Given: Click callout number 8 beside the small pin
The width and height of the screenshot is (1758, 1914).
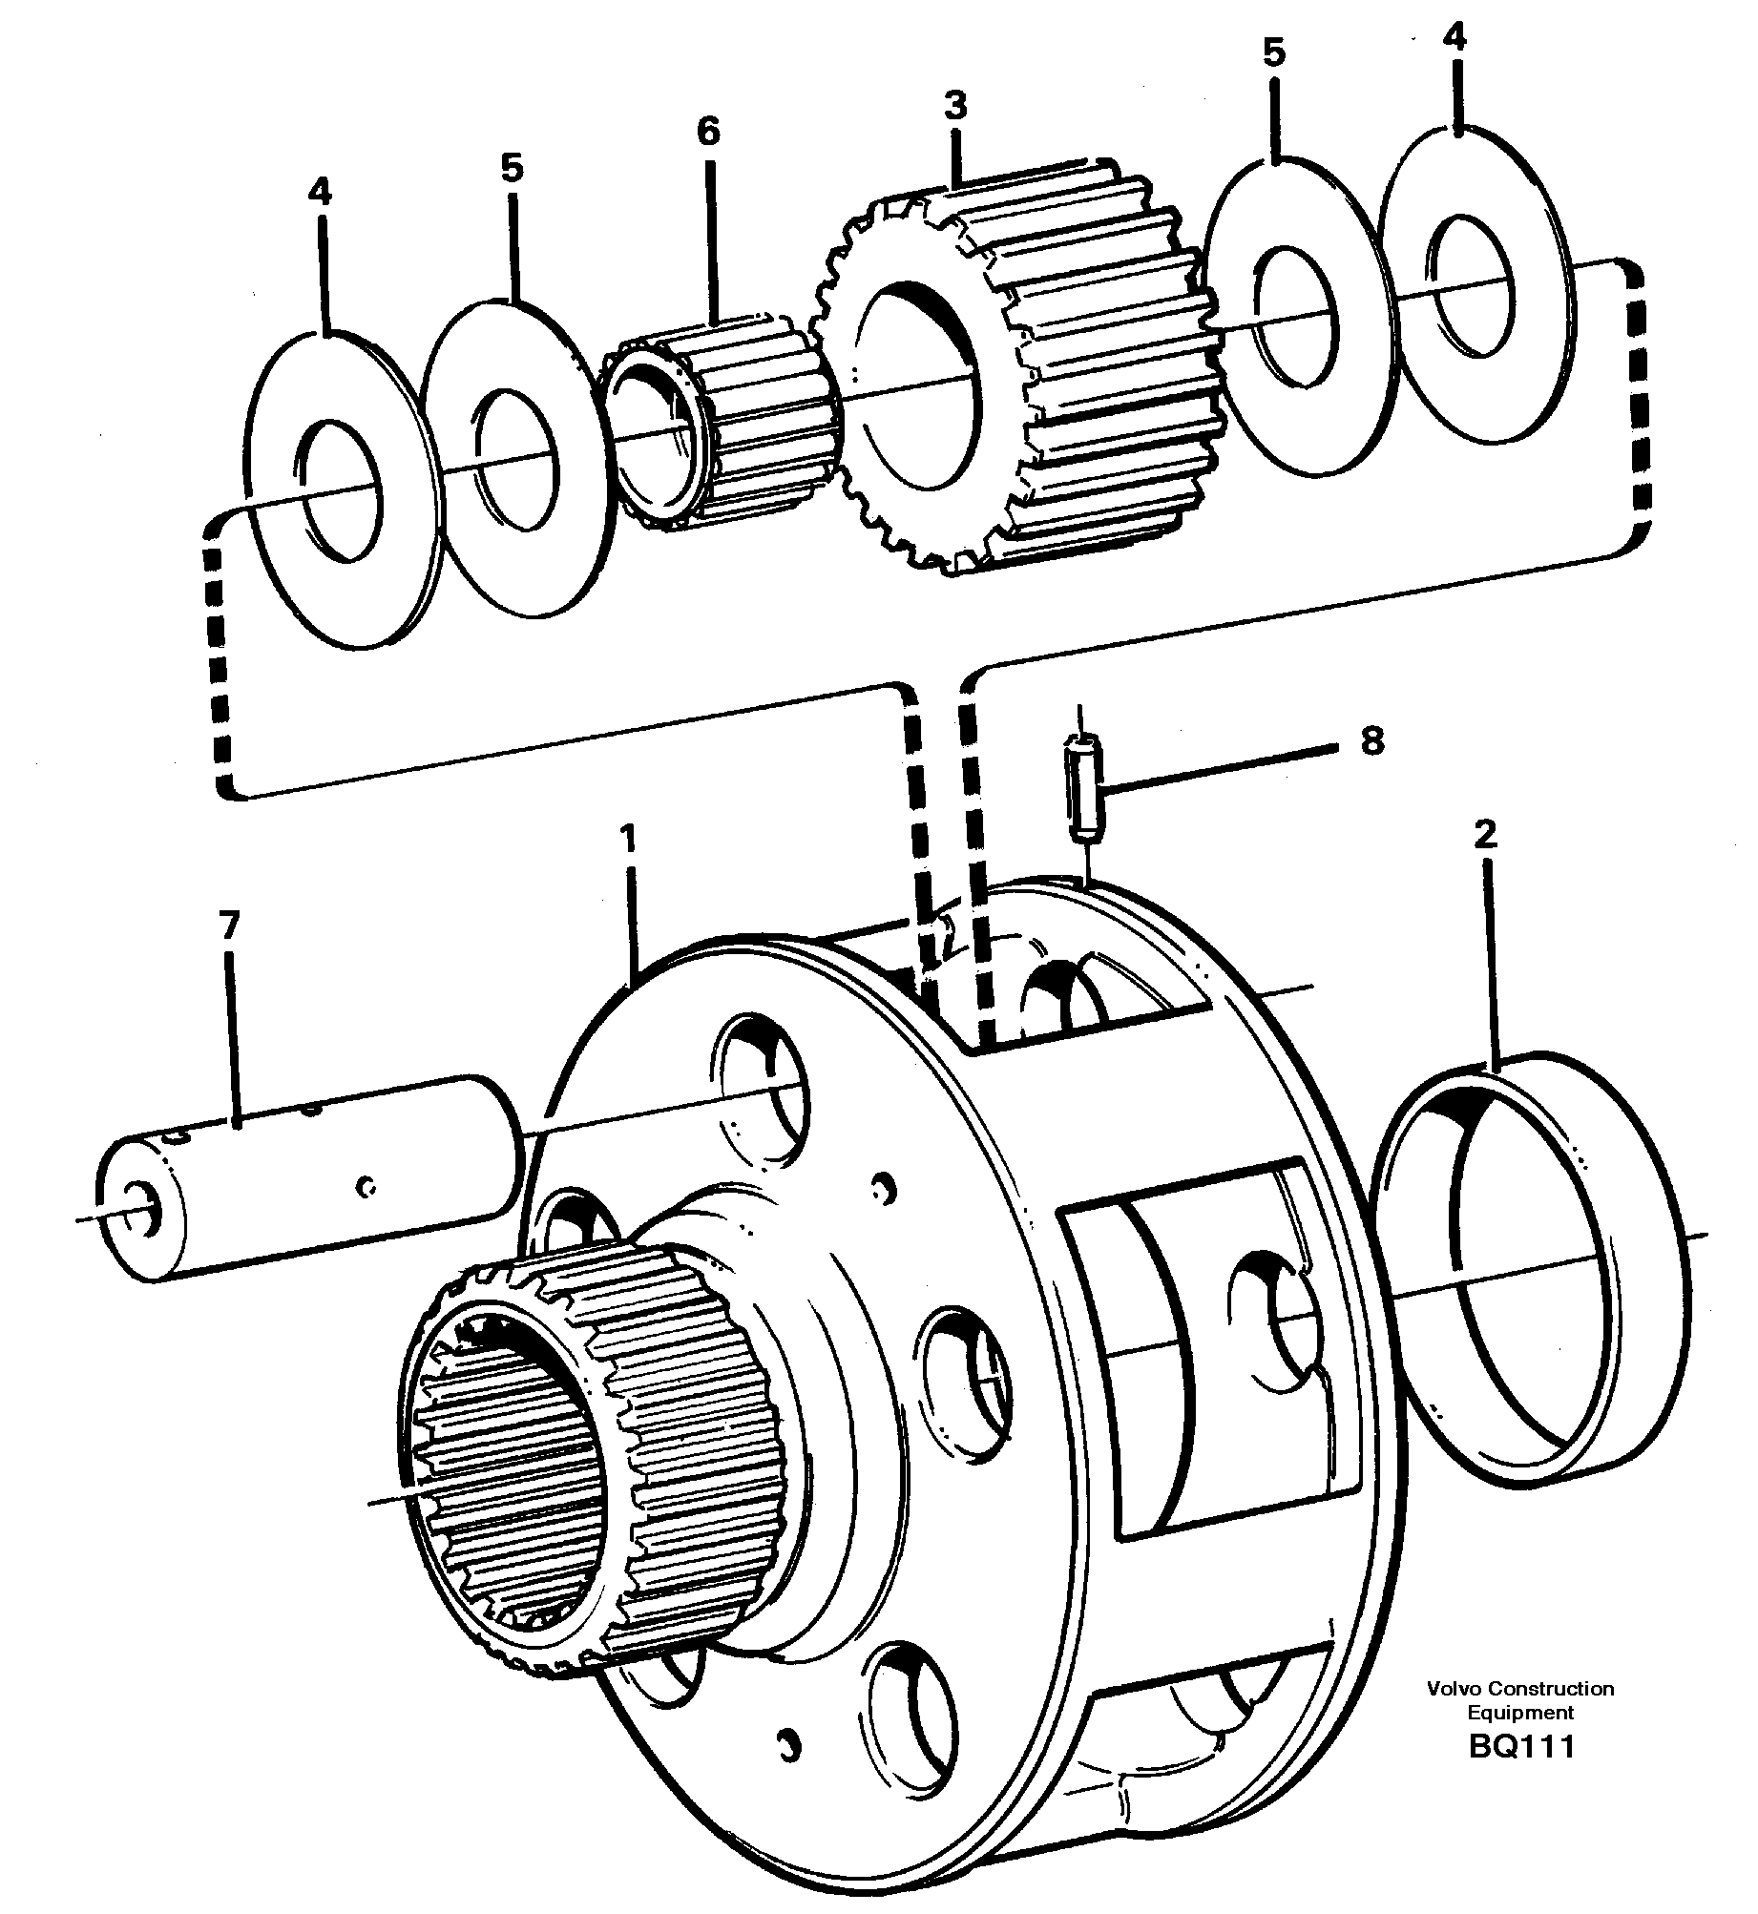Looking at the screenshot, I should pyautogui.click(x=1371, y=741).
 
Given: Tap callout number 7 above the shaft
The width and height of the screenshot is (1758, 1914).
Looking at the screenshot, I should pyautogui.click(x=229, y=926).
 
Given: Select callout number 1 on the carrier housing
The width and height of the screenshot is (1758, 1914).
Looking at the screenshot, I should pyautogui.click(x=627, y=840).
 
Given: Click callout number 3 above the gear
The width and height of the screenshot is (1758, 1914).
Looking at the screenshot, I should pyautogui.click(x=955, y=105).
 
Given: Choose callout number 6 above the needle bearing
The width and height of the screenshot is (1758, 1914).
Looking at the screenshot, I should pyautogui.click(x=708, y=132).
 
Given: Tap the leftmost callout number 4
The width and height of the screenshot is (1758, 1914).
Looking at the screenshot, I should pyautogui.click(x=320, y=193).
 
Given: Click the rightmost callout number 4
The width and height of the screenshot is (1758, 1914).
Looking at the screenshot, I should pyautogui.click(x=1454, y=37).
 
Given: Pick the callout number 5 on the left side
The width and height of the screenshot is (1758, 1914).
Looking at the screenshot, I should pyautogui.click(x=512, y=169).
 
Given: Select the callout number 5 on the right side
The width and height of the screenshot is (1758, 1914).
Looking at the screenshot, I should pyautogui.click(x=1274, y=53).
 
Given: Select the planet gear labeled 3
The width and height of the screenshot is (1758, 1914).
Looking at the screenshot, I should pyautogui.click(x=1021, y=372).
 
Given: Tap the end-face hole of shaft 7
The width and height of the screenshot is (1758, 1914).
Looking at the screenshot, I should pyautogui.click(x=147, y=1208).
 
